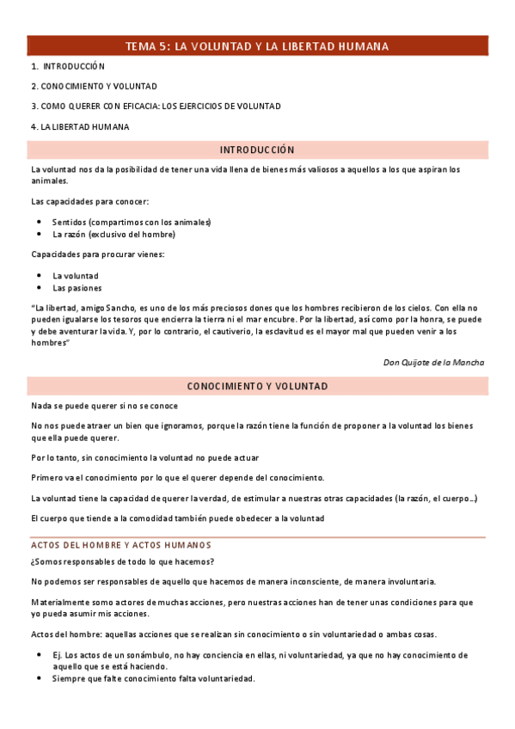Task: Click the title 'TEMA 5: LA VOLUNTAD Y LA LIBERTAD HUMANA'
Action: point(257,46)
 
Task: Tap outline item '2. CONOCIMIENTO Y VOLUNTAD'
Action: point(94,86)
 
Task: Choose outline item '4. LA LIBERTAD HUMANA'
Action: point(80,127)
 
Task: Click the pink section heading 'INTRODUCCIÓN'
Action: point(257,150)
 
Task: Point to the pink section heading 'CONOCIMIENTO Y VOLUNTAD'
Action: point(257,387)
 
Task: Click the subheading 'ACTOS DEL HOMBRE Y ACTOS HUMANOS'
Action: point(121,545)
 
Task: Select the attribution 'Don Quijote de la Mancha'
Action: point(433,363)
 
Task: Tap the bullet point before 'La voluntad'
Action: point(40,275)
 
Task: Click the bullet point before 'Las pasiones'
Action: point(40,288)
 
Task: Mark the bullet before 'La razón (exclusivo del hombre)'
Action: point(40,234)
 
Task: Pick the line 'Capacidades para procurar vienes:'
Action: point(97,254)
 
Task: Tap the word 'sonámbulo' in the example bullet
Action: point(141,654)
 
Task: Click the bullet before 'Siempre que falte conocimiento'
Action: point(40,679)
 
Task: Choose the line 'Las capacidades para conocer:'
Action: point(89,201)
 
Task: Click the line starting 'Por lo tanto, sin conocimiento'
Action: point(144,457)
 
